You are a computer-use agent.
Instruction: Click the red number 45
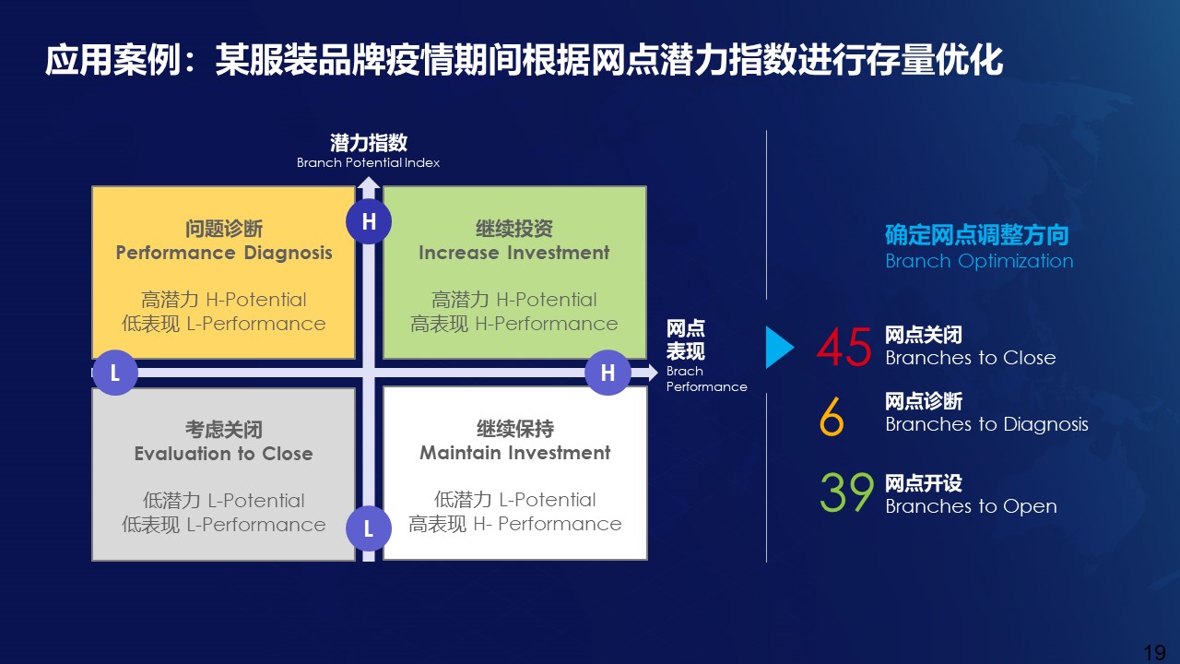[x=844, y=347]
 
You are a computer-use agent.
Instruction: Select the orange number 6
[x=832, y=416]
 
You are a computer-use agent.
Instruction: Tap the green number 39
[x=846, y=492]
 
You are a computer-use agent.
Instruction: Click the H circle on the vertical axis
[x=369, y=221]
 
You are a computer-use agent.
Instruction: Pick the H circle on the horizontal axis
[x=608, y=373]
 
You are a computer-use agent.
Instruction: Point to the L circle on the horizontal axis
[x=115, y=373]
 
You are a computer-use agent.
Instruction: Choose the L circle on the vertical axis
[x=369, y=528]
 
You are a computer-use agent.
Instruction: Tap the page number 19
[x=1155, y=652]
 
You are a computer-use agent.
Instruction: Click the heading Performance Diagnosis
[x=224, y=253]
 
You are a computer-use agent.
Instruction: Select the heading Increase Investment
[x=514, y=253]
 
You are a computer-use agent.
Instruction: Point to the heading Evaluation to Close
[x=224, y=454]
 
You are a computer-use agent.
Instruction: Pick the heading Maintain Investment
[x=515, y=453]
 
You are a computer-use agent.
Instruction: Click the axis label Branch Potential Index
[x=368, y=162]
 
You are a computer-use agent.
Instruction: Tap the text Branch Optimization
[x=979, y=261]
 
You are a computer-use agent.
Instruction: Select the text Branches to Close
[x=971, y=358]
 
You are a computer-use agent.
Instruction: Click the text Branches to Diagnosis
[x=986, y=425]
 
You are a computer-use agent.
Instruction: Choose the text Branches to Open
[x=971, y=506]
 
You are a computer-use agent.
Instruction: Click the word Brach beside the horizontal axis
[x=684, y=371]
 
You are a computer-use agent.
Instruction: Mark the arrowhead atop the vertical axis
[x=369, y=183]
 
